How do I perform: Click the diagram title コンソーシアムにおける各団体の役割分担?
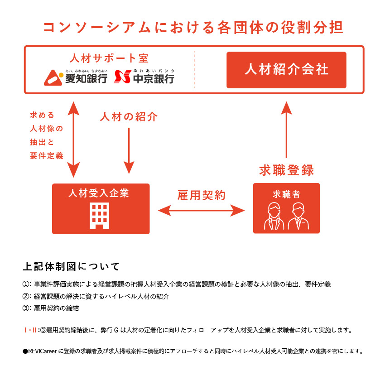click(x=192, y=27)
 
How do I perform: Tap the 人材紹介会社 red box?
click(x=286, y=70)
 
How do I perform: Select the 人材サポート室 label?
click(x=109, y=58)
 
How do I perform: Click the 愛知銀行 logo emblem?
click(x=53, y=77)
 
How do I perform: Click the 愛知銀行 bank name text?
click(x=86, y=79)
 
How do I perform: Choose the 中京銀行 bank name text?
click(x=154, y=79)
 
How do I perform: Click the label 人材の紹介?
click(x=129, y=117)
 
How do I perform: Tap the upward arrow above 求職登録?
click(x=286, y=130)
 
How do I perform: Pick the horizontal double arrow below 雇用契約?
click(x=201, y=210)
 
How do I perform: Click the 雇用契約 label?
click(x=201, y=195)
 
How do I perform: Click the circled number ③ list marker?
click(x=26, y=308)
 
